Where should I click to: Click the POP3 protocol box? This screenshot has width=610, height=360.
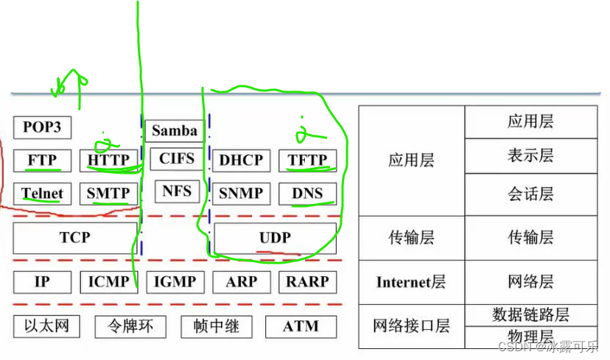[42, 127]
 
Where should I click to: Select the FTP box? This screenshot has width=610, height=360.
[42, 160]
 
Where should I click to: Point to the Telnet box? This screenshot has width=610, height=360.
[42, 194]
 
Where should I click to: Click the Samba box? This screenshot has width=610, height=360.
[174, 131]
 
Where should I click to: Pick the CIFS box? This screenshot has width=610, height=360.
[176, 158]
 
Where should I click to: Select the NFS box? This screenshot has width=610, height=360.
[176, 191]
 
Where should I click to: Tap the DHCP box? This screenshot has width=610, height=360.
[241, 160]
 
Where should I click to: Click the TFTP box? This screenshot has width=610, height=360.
[307, 160]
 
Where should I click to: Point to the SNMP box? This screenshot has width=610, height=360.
[241, 194]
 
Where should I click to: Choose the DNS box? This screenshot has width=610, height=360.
[307, 194]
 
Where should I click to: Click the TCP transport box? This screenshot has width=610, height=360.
[75, 238]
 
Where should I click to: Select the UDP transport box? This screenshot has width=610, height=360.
[275, 238]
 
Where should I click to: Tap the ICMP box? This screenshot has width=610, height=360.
[108, 282]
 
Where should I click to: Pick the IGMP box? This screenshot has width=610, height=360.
[175, 282]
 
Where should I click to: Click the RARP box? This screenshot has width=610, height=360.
[307, 282]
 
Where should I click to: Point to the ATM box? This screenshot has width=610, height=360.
[301, 326]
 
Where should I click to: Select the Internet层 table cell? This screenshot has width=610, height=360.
[411, 282]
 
